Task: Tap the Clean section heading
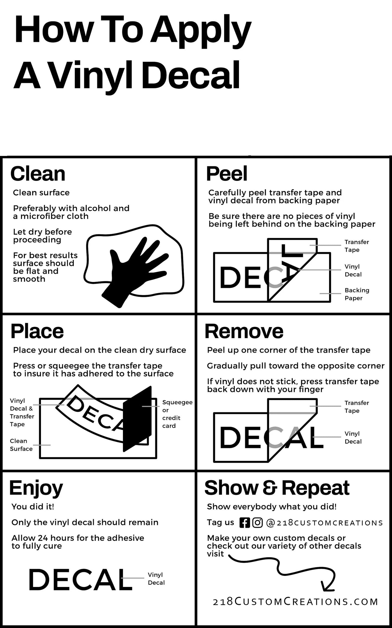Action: click(x=38, y=174)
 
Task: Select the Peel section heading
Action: click(x=227, y=174)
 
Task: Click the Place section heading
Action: click(x=37, y=331)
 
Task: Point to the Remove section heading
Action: click(x=244, y=331)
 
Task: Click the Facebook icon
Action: click(x=244, y=523)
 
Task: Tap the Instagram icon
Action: click(x=257, y=523)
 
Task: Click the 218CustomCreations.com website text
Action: click(x=295, y=602)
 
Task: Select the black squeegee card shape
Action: click(x=137, y=419)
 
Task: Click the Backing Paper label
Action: click(x=357, y=294)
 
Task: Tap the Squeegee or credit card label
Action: click(x=177, y=414)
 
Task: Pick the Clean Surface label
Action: click(x=21, y=445)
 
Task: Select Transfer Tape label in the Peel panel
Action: click(x=357, y=246)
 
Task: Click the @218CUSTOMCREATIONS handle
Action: click(x=324, y=523)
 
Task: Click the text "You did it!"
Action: click(x=33, y=507)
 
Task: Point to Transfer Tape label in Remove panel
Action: click(x=357, y=407)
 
